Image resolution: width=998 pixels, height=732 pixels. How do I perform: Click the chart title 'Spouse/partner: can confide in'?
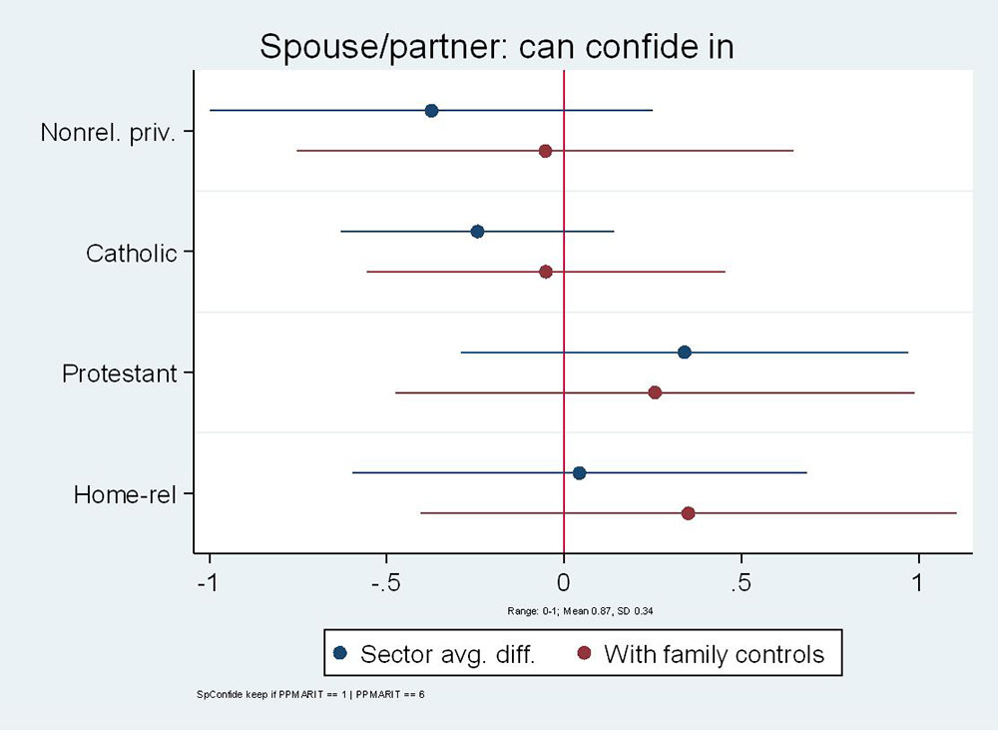pyautogui.click(x=496, y=46)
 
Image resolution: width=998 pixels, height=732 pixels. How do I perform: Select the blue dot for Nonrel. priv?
pyautogui.click(x=431, y=110)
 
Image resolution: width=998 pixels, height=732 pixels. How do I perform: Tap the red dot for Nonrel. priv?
pyautogui.click(x=545, y=151)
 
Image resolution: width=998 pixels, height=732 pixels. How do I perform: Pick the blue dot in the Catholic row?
pyautogui.click(x=477, y=232)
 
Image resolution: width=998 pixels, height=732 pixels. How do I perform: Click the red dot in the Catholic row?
pyautogui.click(x=546, y=272)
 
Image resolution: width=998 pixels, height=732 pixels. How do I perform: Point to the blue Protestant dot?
pyautogui.click(x=684, y=352)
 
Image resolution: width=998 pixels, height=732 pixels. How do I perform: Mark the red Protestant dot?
pyautogui.click(x=655, y=392)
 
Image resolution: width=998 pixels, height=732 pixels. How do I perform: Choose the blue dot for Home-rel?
pyautogui.click(x=579, y=473)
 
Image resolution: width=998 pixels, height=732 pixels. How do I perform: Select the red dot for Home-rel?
pyautogui.click(x=688, y=513)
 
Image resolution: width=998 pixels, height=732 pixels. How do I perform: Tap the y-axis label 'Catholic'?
pyautogui.click(x=131, y=253)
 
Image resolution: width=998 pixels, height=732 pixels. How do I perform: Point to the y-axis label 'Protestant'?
pyautogui.click(x=119, y=373)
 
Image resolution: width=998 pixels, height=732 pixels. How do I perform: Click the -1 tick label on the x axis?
pyautogui.click(x=208, y=581)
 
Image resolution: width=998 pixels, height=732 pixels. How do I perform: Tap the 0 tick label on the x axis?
pyautogui.click(x=564, y=581)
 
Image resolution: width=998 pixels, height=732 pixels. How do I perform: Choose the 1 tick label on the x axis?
pyautogui.click(x=918, y=581)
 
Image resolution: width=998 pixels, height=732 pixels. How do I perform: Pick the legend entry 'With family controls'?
pyautogui.click(x=714, y=654)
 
